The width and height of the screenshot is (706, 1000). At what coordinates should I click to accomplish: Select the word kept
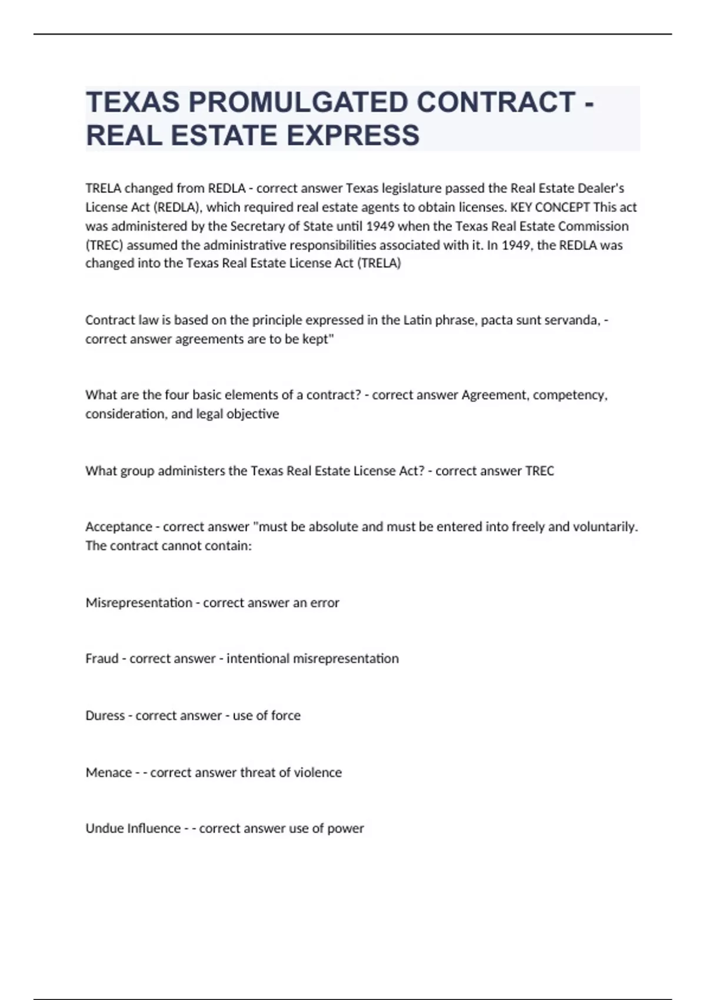(317, 339)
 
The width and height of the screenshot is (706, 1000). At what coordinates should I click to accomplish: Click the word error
(325, 602)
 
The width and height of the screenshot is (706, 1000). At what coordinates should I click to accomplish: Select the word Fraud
(102, 658)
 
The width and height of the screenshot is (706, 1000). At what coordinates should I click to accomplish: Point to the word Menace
(108, 772)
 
